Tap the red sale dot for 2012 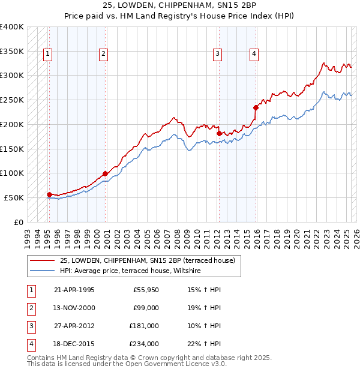click(x=219, y=133)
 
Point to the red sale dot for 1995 click(x=49, y=194)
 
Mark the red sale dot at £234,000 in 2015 click(x=256, y=107)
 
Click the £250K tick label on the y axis click(x=12, y=100)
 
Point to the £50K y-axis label click(x=14, y=197)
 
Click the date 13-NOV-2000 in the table click(x=74, y=308)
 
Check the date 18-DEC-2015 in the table click(x=74, y=344)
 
